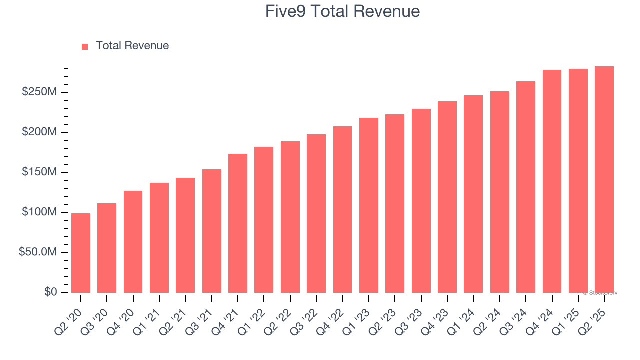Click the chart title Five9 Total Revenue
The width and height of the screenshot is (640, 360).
click(342, 11)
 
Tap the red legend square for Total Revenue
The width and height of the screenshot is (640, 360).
click(85, 46)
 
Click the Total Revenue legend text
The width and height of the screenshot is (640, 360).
click(132, 46)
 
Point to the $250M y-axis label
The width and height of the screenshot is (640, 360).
click(39, 92)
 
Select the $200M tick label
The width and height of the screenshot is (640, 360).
click(39, 132)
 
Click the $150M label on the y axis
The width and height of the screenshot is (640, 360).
click(39, 172)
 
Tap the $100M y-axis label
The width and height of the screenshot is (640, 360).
click(39, 212)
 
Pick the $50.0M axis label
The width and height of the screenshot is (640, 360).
click(38, 252)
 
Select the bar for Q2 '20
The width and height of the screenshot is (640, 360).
click(81, 253)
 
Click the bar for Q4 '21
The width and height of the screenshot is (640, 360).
click(238, 223)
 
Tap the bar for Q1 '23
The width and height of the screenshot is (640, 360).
click(369, 205)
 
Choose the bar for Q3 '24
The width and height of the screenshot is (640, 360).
click(526, 187)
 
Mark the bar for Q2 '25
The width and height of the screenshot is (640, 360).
click(604, 179)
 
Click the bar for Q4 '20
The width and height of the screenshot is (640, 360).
click(133, 242)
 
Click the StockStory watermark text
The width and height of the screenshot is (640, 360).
click(600, 293)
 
